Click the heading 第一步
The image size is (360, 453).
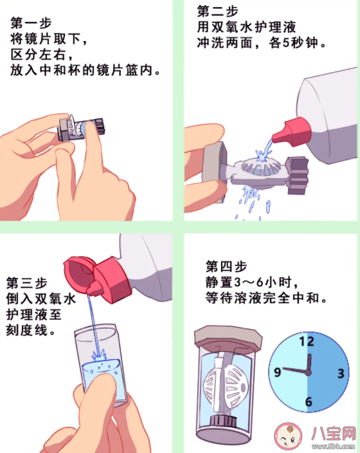30,22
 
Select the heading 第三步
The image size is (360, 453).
25,282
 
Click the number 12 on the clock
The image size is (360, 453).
309,342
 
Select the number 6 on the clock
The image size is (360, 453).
309,403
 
